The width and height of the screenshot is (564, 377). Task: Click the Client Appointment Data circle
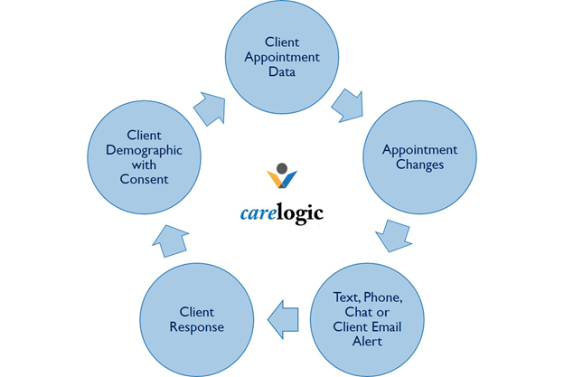(282, 56)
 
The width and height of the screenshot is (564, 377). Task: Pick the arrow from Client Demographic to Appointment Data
(211, 104)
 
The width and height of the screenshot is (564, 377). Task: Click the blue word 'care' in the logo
(240, 213)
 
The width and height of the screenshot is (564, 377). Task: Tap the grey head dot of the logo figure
(282, 168)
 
